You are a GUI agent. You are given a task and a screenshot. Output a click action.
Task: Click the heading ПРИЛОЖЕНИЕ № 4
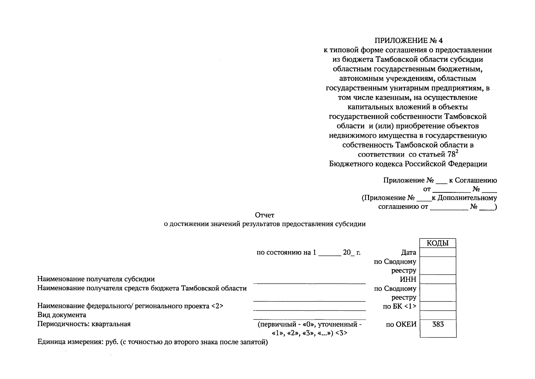pos(409,40)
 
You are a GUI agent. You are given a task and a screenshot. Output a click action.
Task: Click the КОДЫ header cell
pos(437,243)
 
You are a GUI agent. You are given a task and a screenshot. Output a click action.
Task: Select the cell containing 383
pos(438,324)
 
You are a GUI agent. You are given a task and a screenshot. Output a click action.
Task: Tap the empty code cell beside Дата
pos(438,252)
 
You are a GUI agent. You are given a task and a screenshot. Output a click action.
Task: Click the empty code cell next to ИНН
pos(438,279)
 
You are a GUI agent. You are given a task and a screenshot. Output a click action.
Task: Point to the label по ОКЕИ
pos(401,324)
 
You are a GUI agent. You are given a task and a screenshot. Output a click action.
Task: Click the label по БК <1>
pos(399,306)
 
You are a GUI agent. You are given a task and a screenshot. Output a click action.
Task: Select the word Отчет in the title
pos(265,215)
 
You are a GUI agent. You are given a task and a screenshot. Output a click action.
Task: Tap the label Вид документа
pos(62,315)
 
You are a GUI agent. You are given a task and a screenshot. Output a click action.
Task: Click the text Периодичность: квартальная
pos(84,324)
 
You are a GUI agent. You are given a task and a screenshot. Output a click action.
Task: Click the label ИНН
pos(408,279)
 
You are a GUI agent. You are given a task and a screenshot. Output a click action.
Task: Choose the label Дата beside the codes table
pos(409,252)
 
